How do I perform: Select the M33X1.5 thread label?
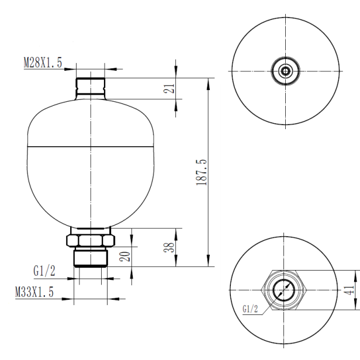point(34,292)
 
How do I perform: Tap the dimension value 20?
point(125,255)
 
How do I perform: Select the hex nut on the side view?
point(91,240)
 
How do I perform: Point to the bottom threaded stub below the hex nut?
point(91,258)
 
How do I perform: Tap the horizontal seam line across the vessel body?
point(91,144)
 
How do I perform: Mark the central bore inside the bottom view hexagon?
point(285,289)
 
